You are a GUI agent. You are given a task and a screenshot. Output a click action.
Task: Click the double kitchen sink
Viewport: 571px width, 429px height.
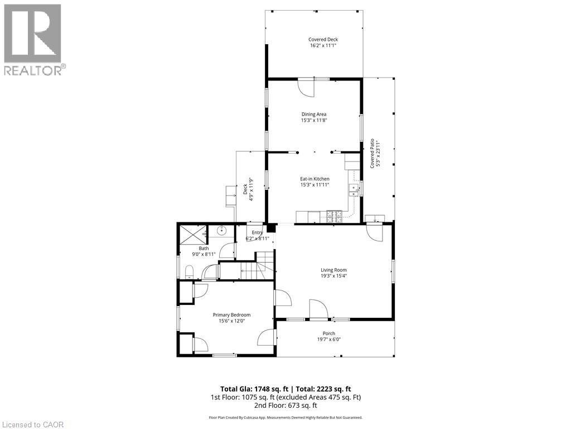[x=354, y=190]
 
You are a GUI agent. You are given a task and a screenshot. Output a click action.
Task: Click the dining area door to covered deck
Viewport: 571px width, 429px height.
[x=306, y=87]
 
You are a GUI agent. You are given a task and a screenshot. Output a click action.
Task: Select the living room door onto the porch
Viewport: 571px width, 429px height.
[x=318, y=309]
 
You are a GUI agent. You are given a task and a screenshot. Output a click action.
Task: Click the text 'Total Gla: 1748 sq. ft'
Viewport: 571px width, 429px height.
[x=253, y=389]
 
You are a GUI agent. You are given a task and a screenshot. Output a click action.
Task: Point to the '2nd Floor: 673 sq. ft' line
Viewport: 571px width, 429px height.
[x=285, y=406]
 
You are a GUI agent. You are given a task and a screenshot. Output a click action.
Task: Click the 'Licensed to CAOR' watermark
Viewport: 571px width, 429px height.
[x=33, y=424]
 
